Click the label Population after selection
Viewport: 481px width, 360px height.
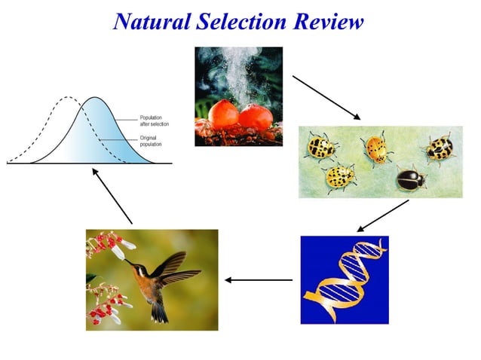155,121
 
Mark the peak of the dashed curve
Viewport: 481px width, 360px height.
68,98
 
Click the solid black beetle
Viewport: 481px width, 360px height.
411,178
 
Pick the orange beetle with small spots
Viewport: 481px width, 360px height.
376,149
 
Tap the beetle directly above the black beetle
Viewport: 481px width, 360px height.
440,148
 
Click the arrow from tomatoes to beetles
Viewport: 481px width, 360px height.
326,97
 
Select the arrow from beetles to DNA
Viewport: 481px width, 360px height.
382,215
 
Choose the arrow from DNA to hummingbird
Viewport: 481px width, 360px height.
259,280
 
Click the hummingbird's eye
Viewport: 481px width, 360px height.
141,268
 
